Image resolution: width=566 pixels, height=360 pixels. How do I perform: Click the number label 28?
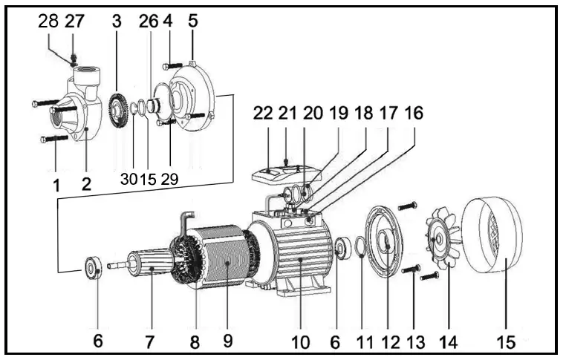click(x=48, y=22)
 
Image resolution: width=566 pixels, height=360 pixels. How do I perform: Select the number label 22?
click(x=263, y=114)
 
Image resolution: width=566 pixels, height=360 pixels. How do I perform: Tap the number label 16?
click(x=413, y=114)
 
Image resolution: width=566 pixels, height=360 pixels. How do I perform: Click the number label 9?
click(x=228, y=341)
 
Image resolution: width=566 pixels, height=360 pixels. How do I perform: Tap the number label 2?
click(x=86, y=183)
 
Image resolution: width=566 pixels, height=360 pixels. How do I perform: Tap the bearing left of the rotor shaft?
click(x=94, y=266)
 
